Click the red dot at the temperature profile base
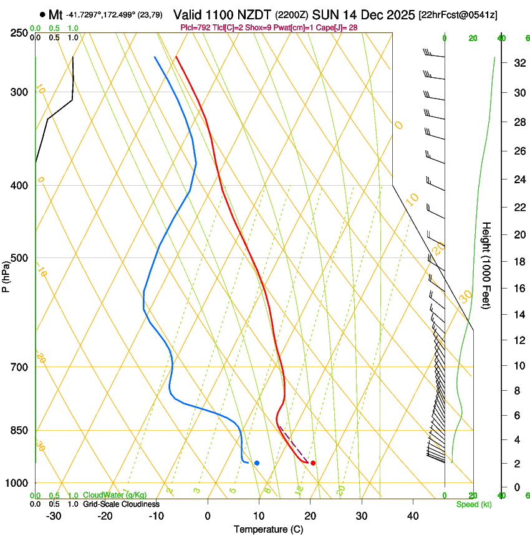pyautogui.click(x=313, y=463)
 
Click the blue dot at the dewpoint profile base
pyautogui.click(x=257, y=463)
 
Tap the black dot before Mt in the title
pyautogui.click(x=42, y=14)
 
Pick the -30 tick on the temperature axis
pyautogui.click(x=54, y=516)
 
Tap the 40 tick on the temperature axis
pyautogui.click(x=413, y=516)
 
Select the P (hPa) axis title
pyautogui.click(x=6, y=275)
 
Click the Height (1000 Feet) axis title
pyautogui.click(x=486, y=265)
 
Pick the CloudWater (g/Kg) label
pyautogui.click(x=115, y=495)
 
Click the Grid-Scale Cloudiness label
pyautogui.click(x=122, y=504)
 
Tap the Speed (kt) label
pyautogui.click(x=473, y=504)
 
